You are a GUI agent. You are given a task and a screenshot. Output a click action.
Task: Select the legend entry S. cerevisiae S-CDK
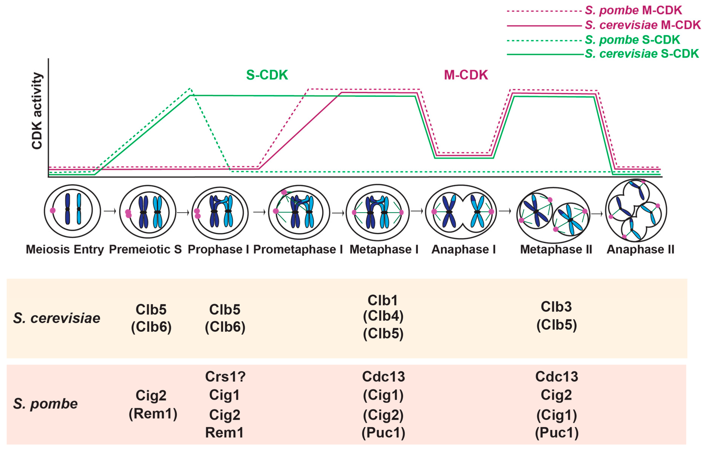coord(641,54)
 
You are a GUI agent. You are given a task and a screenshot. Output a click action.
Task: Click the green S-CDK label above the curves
coord(267,75)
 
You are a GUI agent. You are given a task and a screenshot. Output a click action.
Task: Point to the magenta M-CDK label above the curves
coord(466,75)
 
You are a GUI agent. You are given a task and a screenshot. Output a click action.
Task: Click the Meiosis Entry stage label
coord(65,249)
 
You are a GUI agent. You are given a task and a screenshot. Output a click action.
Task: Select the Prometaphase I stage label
coord(298,249)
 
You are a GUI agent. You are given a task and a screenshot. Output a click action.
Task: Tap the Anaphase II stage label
coord(640,249)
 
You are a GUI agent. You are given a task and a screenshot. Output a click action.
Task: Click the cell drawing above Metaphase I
coord(378,212)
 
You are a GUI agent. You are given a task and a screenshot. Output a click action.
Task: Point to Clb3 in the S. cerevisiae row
coord(556,307)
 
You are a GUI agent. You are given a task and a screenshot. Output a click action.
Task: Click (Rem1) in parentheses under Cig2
coord(153,414)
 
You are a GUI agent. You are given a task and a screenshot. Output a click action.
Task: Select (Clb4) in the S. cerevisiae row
coord(383,316)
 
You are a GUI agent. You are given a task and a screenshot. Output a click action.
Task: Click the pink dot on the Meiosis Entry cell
coord(53,210)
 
